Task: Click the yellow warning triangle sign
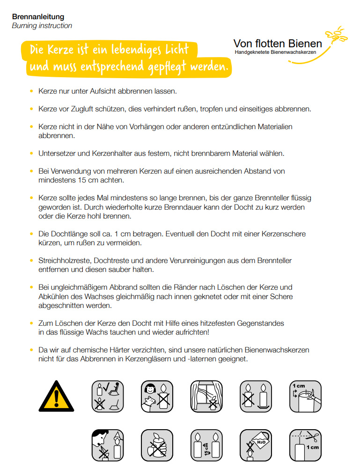point(56,396)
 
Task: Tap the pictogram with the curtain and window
point(206,396)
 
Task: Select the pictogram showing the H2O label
point(256,446)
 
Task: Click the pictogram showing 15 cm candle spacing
point(206,446)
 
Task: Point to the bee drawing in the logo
point(337,36)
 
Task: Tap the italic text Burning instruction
point(42,26)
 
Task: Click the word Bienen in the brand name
point(301,44)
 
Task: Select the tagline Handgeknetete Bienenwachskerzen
point(275,52)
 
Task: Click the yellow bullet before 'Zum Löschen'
point(31,323)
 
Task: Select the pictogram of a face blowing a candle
point(107,446)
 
